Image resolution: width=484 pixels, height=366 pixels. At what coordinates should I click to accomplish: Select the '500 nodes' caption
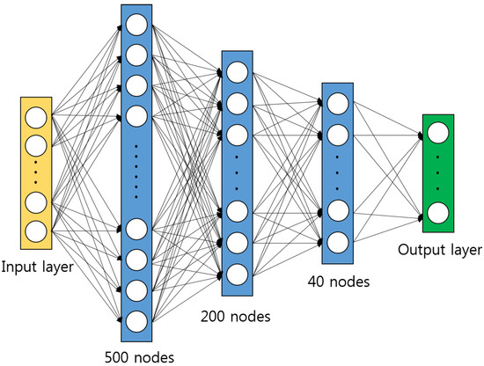click(x=138, y=356)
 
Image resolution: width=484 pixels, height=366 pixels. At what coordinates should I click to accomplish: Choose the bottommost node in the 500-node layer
click(x=136, y=319)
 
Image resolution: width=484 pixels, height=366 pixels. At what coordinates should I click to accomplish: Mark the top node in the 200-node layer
click(x=234, y=73)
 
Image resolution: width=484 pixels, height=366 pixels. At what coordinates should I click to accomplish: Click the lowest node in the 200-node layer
click(x=234, y=272)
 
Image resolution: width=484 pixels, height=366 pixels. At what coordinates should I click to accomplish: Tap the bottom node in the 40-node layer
click(x=337, y=241)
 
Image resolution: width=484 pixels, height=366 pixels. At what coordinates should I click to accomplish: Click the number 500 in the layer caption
click(x=116, y=356)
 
